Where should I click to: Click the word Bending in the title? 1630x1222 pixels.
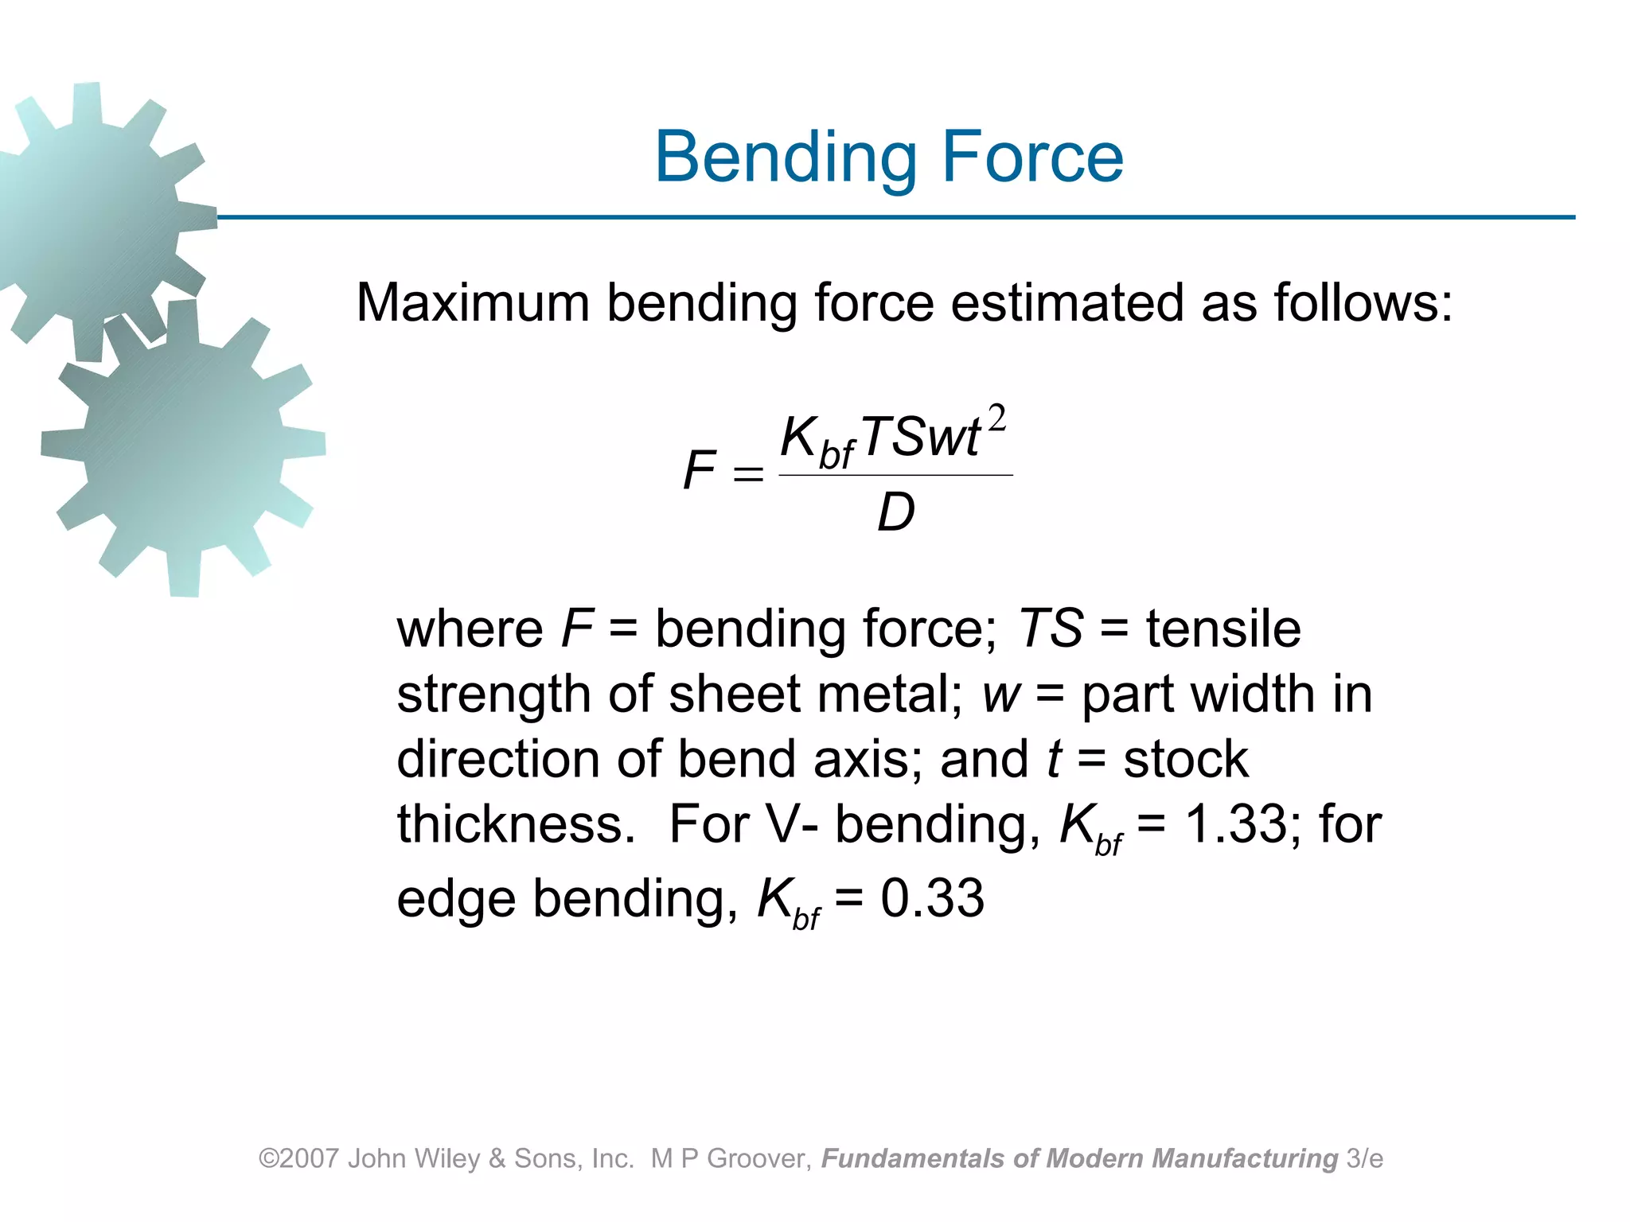788,158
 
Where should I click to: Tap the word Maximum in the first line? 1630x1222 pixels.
473,303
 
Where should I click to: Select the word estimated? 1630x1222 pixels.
1067,303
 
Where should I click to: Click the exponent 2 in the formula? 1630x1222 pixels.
996,418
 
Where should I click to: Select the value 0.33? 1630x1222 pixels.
932,898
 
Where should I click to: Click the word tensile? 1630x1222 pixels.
1223,629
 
